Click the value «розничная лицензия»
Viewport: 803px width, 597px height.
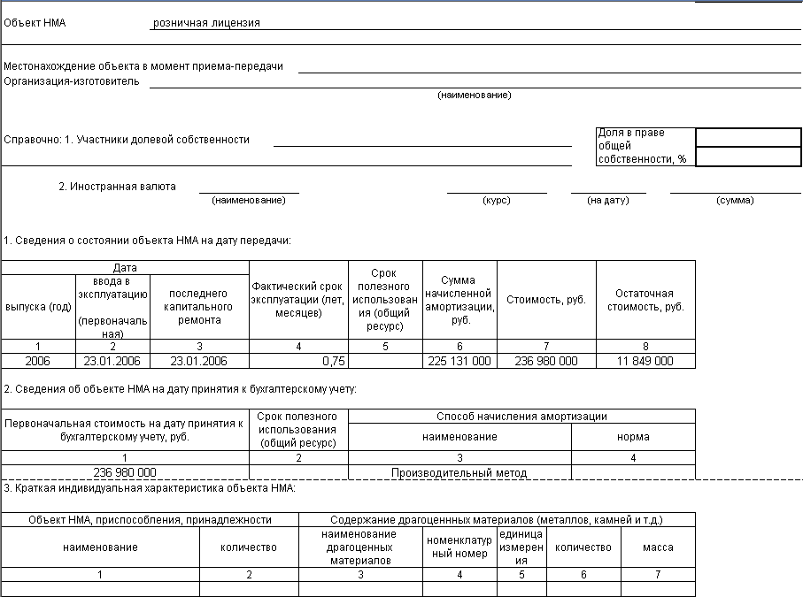(206, 23)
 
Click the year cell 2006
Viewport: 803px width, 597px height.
(38, 361)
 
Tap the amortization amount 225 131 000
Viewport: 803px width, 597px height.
(459, 361)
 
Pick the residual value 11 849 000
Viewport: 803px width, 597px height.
(645, 361)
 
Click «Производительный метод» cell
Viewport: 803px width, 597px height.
(459, 473)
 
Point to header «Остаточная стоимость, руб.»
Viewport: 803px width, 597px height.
(645, 301)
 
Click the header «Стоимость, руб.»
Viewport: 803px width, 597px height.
(546, 301)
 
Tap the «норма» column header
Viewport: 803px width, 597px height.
(633, 437)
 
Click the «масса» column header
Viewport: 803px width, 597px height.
(658, 547)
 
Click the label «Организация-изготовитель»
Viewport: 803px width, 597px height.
(72, 81)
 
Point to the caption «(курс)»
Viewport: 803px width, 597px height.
(496, 201)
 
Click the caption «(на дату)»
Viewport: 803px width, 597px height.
(608, 201)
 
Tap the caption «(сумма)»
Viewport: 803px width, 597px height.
(735, 201)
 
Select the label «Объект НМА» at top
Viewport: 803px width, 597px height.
(35, 23)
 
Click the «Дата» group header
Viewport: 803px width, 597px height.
(125, 267)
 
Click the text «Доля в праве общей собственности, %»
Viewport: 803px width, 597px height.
(644, 146)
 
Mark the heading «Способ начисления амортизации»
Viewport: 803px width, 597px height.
(521, 416)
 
